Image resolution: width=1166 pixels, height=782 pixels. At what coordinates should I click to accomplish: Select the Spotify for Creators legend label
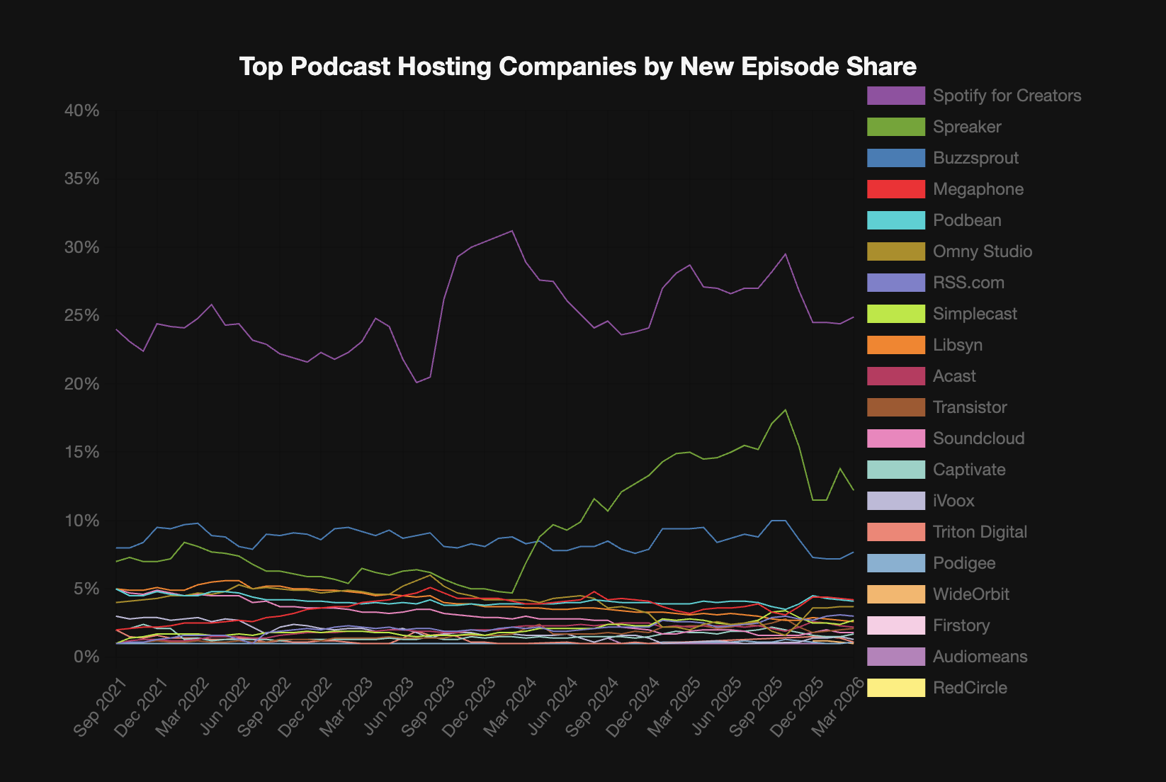coord(1007,96)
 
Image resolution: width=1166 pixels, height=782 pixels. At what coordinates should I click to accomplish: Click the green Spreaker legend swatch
coord(895,127)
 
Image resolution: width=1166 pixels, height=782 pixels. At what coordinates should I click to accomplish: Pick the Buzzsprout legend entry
coord(975,158)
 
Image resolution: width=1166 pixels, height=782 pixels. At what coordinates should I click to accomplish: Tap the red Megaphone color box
coord(895,189)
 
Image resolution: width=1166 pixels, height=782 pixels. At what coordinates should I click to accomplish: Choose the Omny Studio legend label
coord(982,251)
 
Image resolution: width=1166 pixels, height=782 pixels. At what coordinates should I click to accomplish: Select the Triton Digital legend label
coord(980,532)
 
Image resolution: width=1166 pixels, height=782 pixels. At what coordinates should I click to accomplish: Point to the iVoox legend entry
coord(953,501)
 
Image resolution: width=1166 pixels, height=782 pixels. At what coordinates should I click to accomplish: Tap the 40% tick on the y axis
coord(81,111)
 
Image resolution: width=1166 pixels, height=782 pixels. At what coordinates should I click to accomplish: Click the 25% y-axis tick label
coord(81,316)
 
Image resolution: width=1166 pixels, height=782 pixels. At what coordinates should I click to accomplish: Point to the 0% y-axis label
coord(86,657)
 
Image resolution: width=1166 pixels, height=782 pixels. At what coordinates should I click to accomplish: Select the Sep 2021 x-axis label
coord(101,707)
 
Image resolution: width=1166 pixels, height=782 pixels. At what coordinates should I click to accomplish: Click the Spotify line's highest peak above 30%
coord(512,231)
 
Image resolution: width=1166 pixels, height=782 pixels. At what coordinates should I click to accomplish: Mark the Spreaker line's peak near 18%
coord(785,410)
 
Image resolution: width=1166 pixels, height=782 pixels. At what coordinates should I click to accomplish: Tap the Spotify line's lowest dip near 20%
coord(417,382)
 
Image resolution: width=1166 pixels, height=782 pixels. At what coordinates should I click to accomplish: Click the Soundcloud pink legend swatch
coord(895,438)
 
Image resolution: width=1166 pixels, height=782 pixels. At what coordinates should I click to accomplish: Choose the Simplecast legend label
coord(975,314)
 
